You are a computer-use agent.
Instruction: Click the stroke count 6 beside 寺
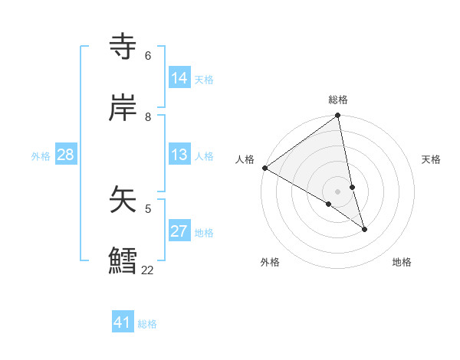148,56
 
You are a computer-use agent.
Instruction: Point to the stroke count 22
147,270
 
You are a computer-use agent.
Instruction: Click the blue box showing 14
179,78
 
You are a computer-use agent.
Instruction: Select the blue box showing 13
179,155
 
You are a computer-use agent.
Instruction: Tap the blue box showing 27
179,231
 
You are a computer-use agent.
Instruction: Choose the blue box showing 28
65,155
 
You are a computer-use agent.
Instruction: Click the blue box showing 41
123,322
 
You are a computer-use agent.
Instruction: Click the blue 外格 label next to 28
41,156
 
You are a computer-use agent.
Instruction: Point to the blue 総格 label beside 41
147,324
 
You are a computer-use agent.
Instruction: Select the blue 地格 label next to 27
204,233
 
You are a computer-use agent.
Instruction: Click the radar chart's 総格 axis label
338,100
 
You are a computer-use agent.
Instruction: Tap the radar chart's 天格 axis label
431,159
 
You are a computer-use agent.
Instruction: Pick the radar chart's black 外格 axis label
270,262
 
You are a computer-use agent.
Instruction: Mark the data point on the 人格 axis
264,168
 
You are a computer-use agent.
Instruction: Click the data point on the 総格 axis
338,116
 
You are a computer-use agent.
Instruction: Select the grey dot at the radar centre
338,191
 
